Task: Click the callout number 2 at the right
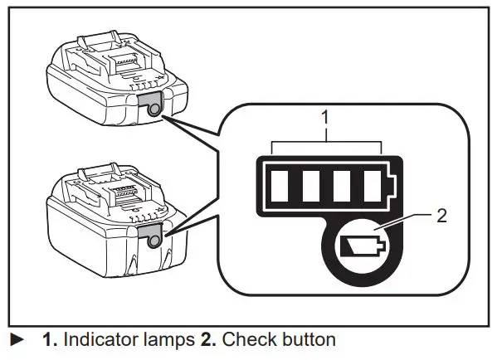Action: (443, 216)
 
